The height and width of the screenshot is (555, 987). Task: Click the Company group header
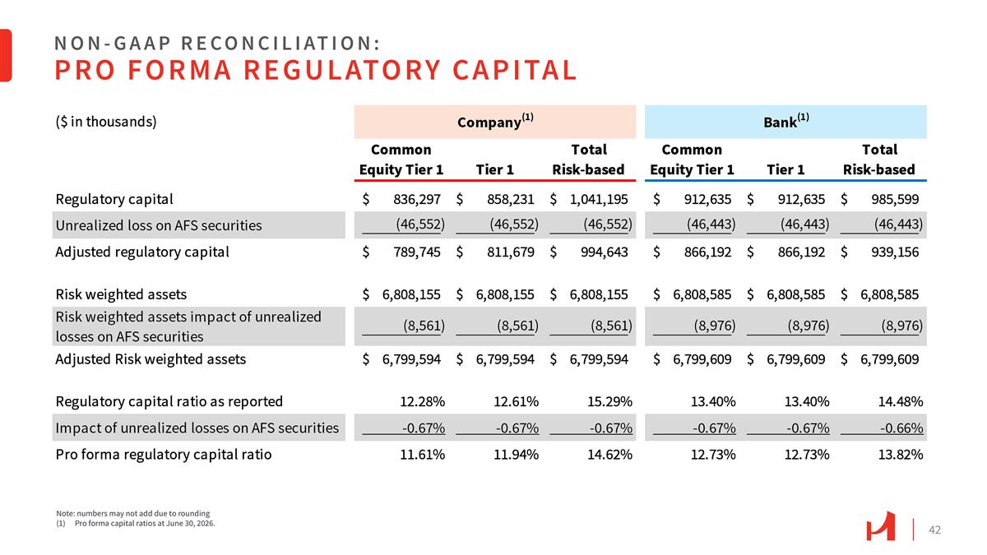click(495, 122)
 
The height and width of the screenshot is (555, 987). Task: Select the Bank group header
click(785, 122)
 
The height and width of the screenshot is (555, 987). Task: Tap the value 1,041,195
click(599, 200)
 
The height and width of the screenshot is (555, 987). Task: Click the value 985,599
click(895, 200)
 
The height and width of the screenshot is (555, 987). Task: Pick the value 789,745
click(417, 252)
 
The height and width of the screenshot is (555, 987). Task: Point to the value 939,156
click(895, 252)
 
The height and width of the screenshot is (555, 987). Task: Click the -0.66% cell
click(901, 428)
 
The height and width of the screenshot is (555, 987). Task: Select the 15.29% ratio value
click(609, 401)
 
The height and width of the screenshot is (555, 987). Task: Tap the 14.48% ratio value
click(900, 401)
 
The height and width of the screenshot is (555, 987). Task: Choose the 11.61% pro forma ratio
click(422, 454)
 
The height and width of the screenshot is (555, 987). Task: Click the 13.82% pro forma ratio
click(900, 454)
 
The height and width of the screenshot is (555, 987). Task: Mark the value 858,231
click(510, 200)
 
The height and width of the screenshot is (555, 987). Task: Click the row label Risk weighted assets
click(121, 294)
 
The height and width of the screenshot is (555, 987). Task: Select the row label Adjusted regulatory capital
click(142, 252)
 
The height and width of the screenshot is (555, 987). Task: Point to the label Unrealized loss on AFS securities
click(159, 225)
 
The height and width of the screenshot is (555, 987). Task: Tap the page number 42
click(934, 530)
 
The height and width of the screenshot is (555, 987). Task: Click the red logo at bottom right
click(880, 526)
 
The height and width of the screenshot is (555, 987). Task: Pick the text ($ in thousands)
click(106, 122)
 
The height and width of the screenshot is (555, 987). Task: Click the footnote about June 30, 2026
click(136, 524)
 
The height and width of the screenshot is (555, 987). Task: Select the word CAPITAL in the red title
click(515, 70)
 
